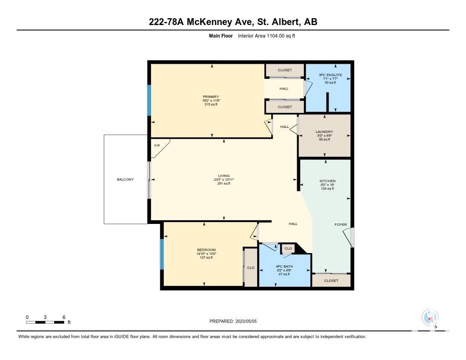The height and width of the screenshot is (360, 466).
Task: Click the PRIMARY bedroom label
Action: [211, 96]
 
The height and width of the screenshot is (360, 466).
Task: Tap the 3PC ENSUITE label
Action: [330, 75]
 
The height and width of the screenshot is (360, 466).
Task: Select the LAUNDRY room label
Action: [324, 132]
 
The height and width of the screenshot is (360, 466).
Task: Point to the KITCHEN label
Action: [328, 181]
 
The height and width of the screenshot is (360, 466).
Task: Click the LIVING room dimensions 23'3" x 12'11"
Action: [224, 180]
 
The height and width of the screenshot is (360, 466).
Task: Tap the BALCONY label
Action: [126, 180]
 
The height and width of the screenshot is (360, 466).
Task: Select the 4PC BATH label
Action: [284, 266]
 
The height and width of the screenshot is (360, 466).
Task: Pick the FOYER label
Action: [340, 224]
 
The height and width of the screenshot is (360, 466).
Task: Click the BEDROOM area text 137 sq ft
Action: [206, 258]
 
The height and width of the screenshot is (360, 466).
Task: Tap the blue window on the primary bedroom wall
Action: [149, 100]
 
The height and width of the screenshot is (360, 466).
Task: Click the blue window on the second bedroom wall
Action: [162, 254]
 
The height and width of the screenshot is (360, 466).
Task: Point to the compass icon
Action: [430, 318]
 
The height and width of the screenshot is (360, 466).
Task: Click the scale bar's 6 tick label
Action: [64, 317]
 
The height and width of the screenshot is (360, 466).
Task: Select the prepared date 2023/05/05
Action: [246, 321]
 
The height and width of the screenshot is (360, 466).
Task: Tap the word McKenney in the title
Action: [220, 22]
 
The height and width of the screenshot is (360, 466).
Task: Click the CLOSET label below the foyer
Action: [331, 281]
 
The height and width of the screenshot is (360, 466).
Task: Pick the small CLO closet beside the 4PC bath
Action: [288, 248]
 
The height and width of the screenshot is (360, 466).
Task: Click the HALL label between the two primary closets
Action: [284, 89]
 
